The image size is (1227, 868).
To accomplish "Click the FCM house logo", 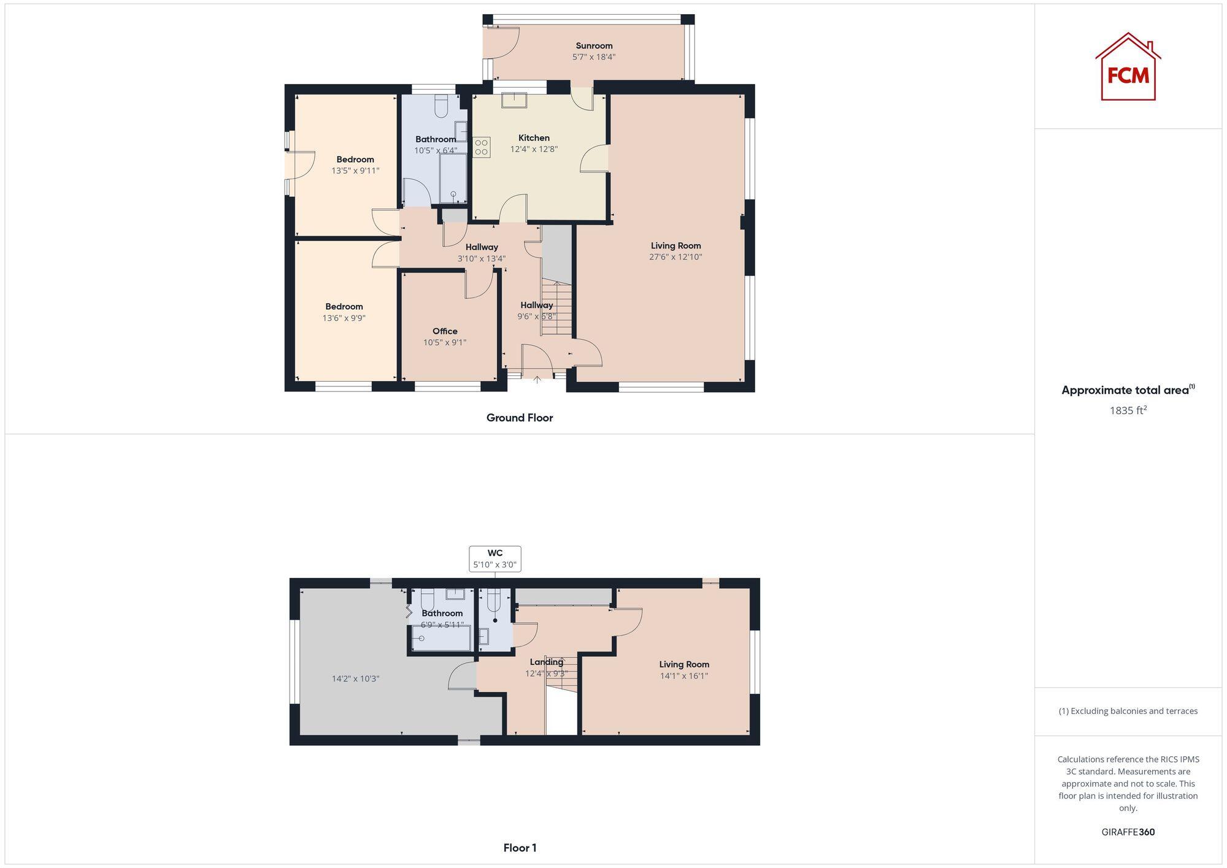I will [1128, 67].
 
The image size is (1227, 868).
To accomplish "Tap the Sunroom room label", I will [594, 46].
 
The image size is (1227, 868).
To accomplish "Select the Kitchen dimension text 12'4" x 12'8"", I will [534, 149].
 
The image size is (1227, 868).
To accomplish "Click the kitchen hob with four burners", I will [481, 147].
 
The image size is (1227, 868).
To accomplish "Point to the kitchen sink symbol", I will [513, 99].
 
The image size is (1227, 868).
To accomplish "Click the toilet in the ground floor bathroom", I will [441, 107].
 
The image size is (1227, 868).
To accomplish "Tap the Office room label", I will [445, 331].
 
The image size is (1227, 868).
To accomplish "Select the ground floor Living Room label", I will [675, 246].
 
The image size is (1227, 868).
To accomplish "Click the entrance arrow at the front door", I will [537, 380].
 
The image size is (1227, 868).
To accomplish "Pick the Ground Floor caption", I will [520, 418].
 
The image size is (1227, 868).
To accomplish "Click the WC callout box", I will [495, 559].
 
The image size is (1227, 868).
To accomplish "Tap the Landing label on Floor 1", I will [546, 662].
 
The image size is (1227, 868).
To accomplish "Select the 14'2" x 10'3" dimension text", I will [356, 679].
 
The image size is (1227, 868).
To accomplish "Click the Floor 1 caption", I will [520, 848].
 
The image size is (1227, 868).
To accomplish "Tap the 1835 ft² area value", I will [1128, 411].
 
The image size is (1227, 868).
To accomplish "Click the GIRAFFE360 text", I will [1128, 832].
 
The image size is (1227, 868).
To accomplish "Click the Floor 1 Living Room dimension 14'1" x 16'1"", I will [684, 676].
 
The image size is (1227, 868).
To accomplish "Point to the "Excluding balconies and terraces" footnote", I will [1128, 712].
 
